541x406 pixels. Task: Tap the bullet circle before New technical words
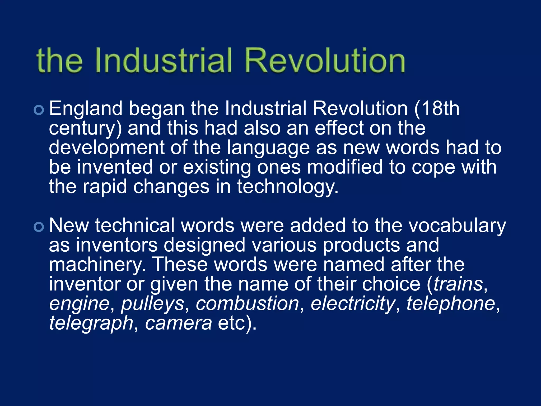(x=39, y=227)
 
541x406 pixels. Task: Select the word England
(x=86, y=109)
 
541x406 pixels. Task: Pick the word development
(x=107, y=148)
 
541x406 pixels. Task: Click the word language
(x=268, y=148)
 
